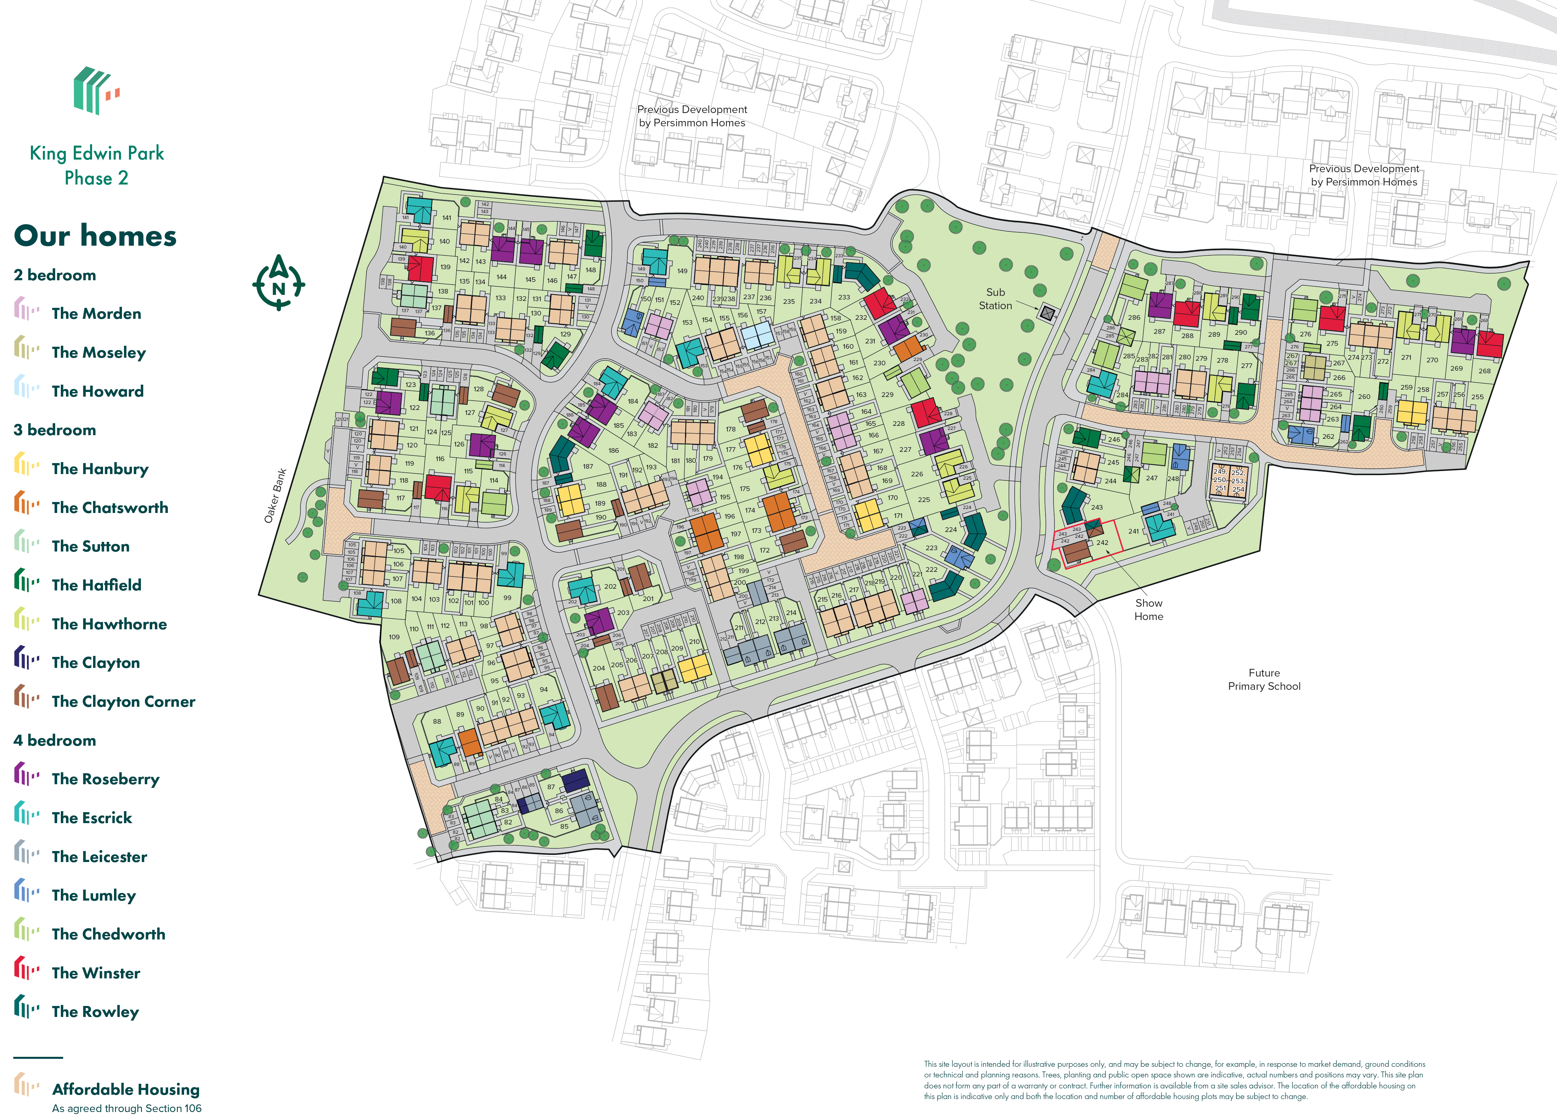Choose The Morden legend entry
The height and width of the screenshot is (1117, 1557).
[96, 314]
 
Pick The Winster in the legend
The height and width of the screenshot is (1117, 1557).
[95, 973]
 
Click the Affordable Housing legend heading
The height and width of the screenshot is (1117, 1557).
[126, 1089]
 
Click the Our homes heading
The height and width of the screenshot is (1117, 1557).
[95, 236]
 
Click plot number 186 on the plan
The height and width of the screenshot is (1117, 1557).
[613, 450]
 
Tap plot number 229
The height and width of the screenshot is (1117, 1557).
[887, 395]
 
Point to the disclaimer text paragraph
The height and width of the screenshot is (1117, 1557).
[1174, 1080]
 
